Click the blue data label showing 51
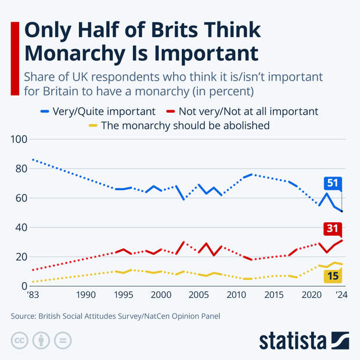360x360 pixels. (332, 183)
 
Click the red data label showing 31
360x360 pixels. (332, 228)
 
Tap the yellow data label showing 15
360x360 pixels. (332, 276)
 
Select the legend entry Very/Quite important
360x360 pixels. (98, 111)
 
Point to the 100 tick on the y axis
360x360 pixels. (19, 139)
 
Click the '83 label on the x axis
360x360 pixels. (33, 296)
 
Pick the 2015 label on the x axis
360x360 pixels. (273, 296)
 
